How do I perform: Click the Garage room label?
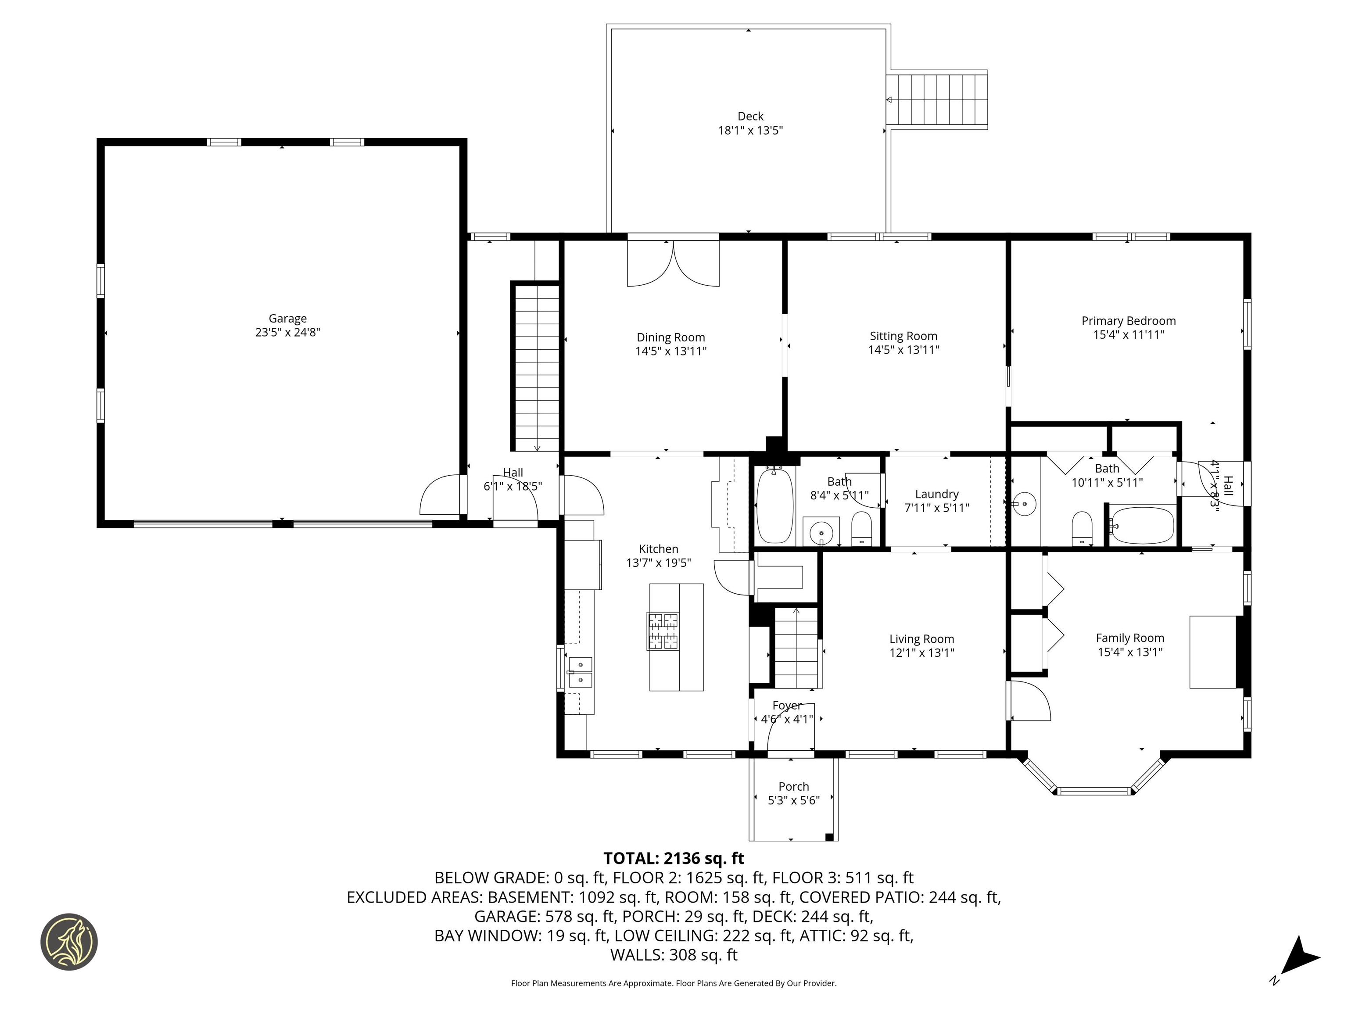pyautogui.click(x=288, y=318)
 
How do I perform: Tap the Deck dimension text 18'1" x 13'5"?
pyautogui.click(x=750, y=130)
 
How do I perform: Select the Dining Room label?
pyautogui.click(x=671, y=337)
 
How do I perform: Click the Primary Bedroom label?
pyautogui.click(x=1129, y=321)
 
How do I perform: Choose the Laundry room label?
pyautogui.click(x=937, y=494)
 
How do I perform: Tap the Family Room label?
pyautogui.click(x=1130, y=638)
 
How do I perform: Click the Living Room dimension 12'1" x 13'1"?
pyautogui.click(x=921, y=652)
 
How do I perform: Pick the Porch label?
pyautogui.click(x=793, y=787)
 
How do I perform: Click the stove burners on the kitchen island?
pyautogui.click(x=663, y=631)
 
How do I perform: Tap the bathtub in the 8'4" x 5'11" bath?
pyautogui.click(x=774, y=505)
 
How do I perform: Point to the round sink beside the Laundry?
pyautogui.click(x=1025, y=505)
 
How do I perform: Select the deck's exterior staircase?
pyautogui.click(x=937, y=99)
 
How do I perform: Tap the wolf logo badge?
pyautogui.click(x=69, y=942)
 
